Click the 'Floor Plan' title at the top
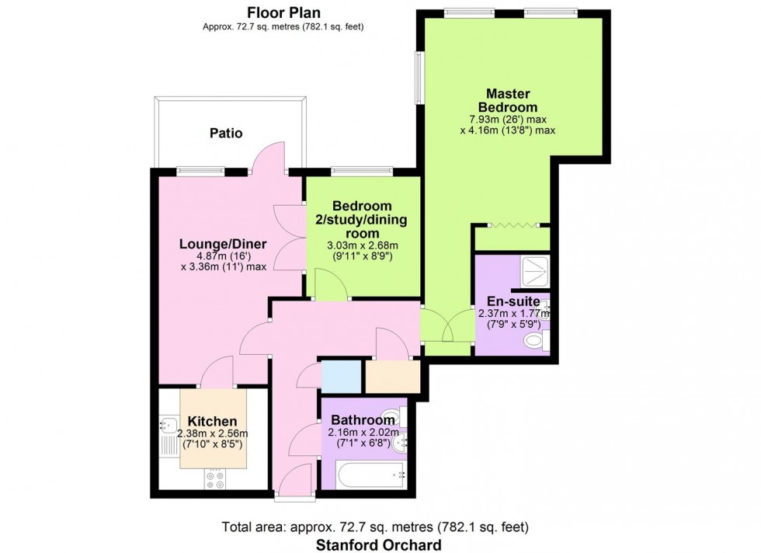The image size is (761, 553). (283, 12)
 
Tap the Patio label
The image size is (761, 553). (226, 133)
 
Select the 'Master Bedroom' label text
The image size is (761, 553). (509, 99)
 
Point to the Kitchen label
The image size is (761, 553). (212, 421)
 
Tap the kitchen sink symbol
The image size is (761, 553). (168, 425)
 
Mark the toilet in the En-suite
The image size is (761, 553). (534, 340)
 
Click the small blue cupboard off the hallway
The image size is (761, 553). (341, 377)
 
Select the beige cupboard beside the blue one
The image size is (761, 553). (392, 377)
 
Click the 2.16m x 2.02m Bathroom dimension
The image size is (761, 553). (363, 433)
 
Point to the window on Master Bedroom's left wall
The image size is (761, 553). (419, 78)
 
